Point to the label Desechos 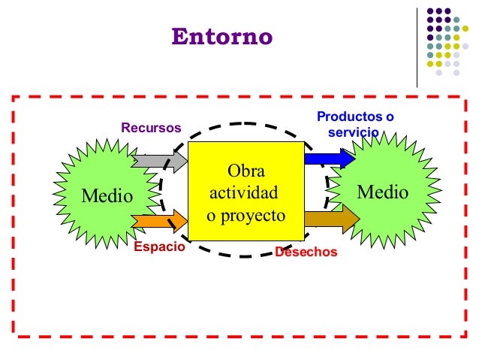click(x=306, y=253)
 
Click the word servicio click(x=355, y=132)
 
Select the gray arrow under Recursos click(x=162, y=159)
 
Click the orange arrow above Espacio click(x=158, y=221)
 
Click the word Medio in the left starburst click(x=106, y=196)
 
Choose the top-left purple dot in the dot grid click(x=430, y=12)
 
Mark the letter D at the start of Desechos click(x=279, y=253)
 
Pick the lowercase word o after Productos click(x=389, y=116)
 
